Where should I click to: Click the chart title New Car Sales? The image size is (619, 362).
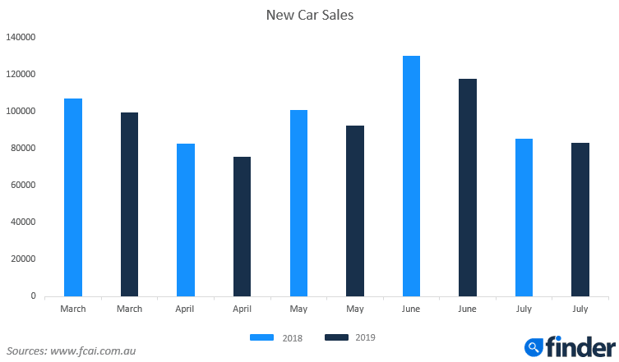click(309, 15)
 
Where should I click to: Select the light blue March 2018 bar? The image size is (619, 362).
click(73, 197)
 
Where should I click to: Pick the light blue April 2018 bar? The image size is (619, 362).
click(186, 219)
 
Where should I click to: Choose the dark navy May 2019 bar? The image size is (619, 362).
click(355, 210)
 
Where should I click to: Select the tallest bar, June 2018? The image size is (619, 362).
click(411, 176)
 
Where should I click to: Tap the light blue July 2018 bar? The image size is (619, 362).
click(524, 217)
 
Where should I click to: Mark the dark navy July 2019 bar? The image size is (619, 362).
click(580, 219)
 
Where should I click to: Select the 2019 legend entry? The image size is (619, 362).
click(349, 337)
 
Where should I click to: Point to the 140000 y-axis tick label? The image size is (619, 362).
click(21, 37)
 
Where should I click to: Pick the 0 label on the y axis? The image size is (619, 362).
click(33, 296)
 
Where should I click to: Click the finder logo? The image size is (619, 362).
click(567, 346)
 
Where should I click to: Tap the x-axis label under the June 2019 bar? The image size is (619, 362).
click(468, 309)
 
